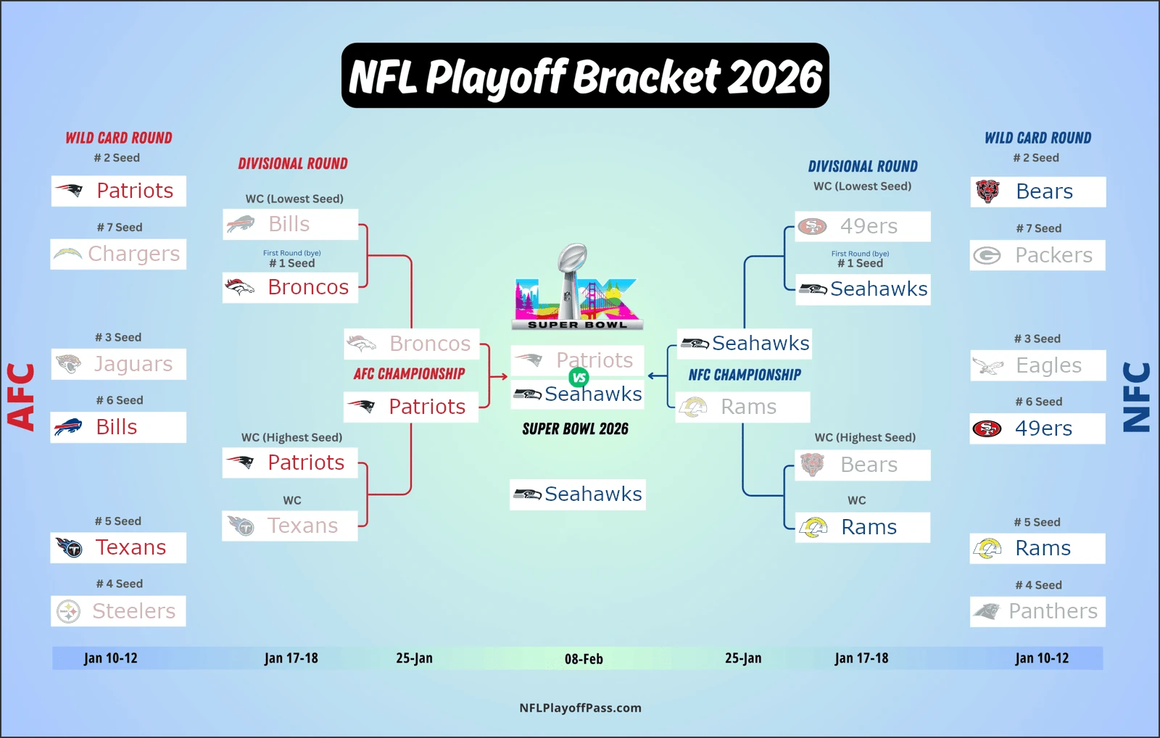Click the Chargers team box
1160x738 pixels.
[118, 254]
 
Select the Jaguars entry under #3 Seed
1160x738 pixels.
[118, 364]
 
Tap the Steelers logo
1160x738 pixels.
[69, 612]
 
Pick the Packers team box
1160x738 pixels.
[1037, 255]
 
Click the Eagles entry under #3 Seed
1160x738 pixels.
[1037, 365]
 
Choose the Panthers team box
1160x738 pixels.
[1037, 612]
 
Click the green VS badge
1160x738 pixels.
[579, 377]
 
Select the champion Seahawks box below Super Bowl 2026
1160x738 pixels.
[577, 494]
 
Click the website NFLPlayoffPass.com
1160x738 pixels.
[580, 708]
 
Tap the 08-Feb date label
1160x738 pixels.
[584, 659]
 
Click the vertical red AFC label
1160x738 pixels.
[21, 397]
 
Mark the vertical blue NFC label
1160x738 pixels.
[1137, 397]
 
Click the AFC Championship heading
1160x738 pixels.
[409, 374]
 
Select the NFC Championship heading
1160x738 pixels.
[745, 375]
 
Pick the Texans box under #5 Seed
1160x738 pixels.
[118, 548]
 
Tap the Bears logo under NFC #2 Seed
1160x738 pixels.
[987, 191]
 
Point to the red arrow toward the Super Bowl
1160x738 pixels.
[498, 376]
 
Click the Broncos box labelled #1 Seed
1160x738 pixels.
[290, 288]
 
